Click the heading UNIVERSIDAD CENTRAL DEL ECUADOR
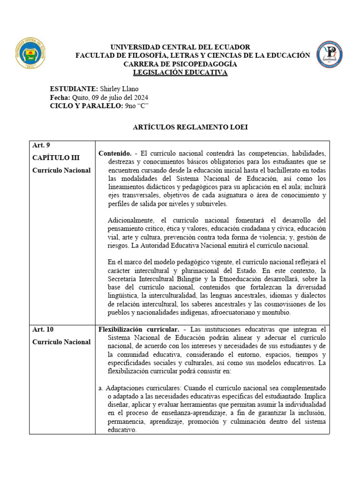(180, 47)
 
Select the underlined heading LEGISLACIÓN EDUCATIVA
(180, 72)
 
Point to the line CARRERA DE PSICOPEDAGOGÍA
(180, 64)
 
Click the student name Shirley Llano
(120, 89)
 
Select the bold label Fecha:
(59, 97)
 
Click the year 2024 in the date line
(141, 97)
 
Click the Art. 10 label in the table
(42, 330)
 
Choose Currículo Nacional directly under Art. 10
(61, 342)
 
